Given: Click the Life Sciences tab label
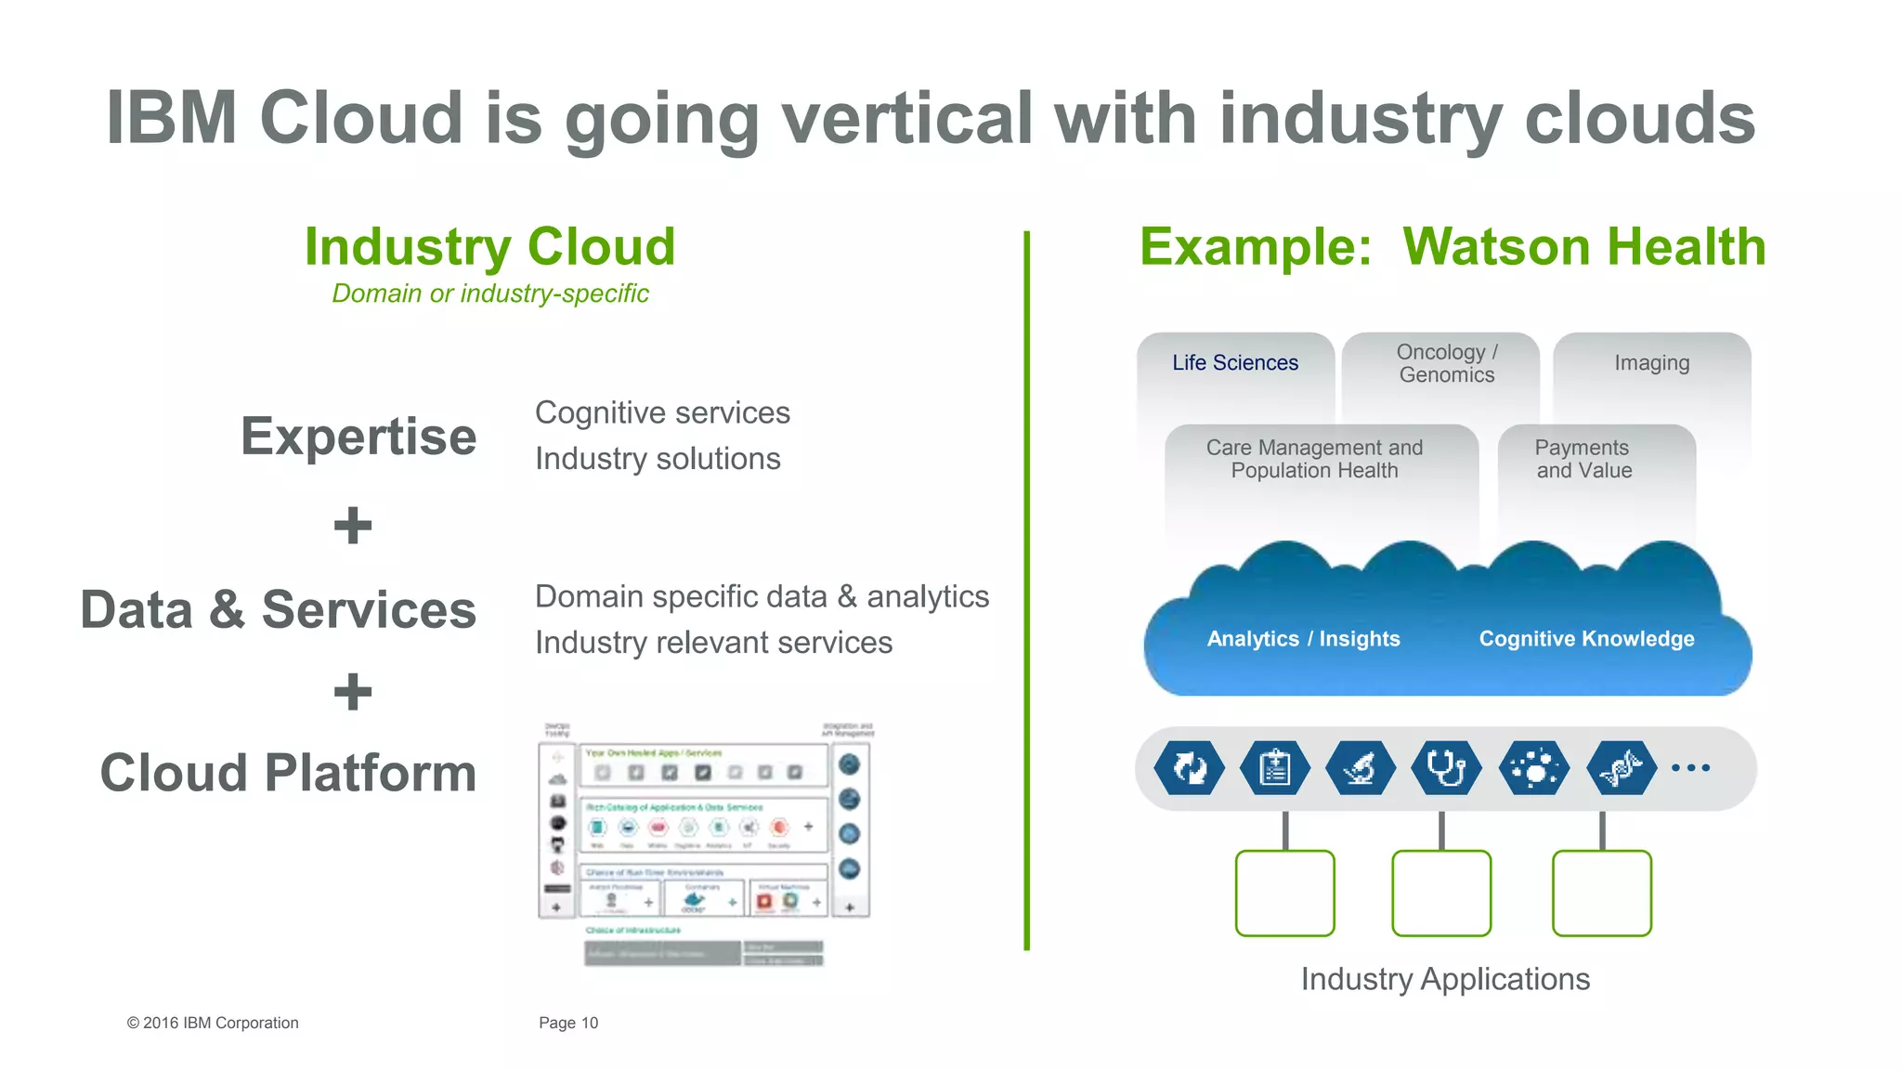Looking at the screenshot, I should click(x=1234, y=363).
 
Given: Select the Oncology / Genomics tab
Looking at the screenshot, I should click(x=1446, y=364).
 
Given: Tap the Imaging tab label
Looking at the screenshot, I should click(x=1651, y=363).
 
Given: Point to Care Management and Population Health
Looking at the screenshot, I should click(x=1314, y=459).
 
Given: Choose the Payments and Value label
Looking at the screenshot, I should click(x=1583, y=459).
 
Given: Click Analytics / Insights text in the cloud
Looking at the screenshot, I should click(x=1303, y=639).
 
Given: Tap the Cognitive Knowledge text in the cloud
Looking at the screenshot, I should click(x=1586, y=639).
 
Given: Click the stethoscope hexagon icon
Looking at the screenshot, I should click(x=1446, y=768).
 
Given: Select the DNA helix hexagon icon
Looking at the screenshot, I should click(x=1621, y=768).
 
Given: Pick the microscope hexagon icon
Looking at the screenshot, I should click(x=1360, y=768).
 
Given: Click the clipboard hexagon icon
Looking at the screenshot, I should click(x=1274, y=768).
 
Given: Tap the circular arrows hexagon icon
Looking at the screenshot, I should click(x=1189, y=768).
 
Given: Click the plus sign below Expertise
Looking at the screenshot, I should click(x=353, y=526).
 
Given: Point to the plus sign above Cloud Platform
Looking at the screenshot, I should click(x=353, y=692).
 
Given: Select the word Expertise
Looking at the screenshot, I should click(x=358, y=437).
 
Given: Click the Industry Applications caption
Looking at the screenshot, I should click(x=1445, y=979).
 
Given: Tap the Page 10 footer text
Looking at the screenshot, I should click(x=568, y=1023).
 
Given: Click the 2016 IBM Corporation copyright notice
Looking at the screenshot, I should click(x=213, y=1023).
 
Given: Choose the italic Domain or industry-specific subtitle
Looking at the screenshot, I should click(x=490, y=294).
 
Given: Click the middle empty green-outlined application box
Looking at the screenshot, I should click(x=1441, y=893).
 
